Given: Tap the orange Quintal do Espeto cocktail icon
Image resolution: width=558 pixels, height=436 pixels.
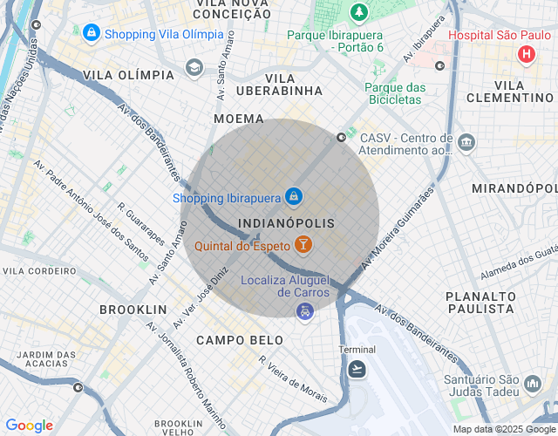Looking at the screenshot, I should (303, 245).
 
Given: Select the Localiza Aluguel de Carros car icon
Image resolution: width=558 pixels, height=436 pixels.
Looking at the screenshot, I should (304, 311).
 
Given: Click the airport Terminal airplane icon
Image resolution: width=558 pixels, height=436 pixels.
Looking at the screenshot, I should (356, 370).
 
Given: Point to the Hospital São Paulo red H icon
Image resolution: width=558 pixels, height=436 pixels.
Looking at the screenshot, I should (526, 55).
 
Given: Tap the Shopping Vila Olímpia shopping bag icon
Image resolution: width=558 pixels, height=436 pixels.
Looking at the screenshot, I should (91, 33).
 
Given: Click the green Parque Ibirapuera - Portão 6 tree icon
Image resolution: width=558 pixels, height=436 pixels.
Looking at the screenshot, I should (358, 12).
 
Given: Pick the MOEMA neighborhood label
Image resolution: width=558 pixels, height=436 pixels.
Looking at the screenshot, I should (238, 118).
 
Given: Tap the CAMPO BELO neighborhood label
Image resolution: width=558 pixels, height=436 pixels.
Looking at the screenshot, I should (240, 339).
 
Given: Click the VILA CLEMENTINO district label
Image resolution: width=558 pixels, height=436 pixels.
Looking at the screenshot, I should (510, 91).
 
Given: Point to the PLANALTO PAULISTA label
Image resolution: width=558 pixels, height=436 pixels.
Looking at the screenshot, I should (480, 303).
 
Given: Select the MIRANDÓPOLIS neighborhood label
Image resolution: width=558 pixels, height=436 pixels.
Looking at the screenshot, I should (514, 188).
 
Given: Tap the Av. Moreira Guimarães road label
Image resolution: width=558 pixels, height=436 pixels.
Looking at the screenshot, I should (398, 226).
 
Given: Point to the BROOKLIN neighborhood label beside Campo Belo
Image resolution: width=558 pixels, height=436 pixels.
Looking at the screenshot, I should (133, 310).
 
